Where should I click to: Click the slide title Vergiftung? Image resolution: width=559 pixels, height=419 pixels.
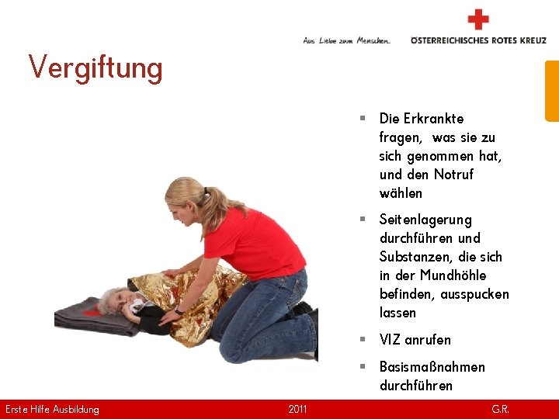[x=95, y=68]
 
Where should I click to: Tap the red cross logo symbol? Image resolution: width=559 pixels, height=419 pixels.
[x=478, y=19]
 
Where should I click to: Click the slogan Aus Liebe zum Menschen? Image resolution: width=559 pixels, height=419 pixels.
[x=346, y=40]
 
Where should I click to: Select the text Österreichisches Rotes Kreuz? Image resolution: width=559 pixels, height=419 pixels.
[x=478, y=40]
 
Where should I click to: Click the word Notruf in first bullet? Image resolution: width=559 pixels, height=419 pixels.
[x=453, y=175]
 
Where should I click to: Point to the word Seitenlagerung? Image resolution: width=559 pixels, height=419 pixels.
[x=425, y=220]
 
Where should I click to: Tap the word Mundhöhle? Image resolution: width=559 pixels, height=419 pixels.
[x=453, y=275]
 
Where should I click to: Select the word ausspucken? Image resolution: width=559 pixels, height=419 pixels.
[x=474, y=294]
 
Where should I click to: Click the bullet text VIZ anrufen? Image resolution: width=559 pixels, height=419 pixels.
[x=415, y=340]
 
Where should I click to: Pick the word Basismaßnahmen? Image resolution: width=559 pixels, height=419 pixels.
[x=432, y=367]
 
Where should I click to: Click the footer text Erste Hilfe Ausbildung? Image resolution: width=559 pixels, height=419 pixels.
[x=52, y=409]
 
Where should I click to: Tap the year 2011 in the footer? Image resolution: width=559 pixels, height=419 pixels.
[x=297, y=409]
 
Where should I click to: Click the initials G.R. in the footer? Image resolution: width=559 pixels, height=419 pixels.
[x=500, y=409]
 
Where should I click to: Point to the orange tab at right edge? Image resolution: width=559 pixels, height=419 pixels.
[x=551, y=91]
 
